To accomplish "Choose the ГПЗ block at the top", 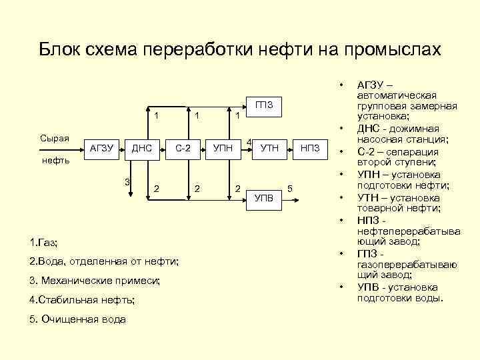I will pyautogui.click(x=265, y=105).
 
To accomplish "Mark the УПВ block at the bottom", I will pyautogui.click(x=265, y=197).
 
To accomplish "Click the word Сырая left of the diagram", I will pyautogui.click(x=55, y=138).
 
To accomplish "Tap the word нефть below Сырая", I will pyautogui.click(x=55, y=161).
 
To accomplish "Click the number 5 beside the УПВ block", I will pyautogui.click(x=290, y=188).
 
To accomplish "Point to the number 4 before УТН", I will pyautogui.click(x=249, y=142).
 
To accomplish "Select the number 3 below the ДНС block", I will pyautogui.click(x=127, y=182).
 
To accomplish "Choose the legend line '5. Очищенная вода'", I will pyautogui.click(x=78, y=319).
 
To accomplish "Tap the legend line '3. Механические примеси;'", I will pyautogui.click(x=95, y=281).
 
